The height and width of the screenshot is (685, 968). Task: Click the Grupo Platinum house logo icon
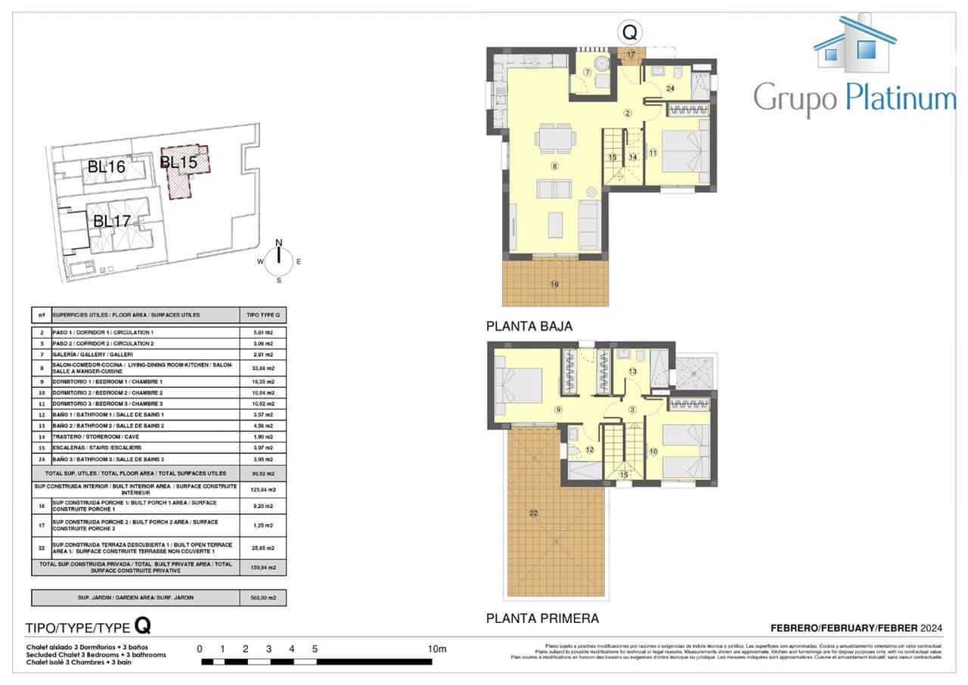(x=855, y=43)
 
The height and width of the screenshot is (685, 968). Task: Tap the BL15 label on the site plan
(x=179, y=162)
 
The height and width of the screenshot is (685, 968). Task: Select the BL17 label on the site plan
(x=113, y=222)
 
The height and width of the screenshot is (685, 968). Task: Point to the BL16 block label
(x=106, y=167)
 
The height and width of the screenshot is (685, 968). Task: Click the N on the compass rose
(x=278, y=243)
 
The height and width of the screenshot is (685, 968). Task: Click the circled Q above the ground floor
(x=629, y=33)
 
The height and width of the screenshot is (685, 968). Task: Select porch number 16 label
(x=554, y=284)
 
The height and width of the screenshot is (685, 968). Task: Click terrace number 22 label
(x=533, y=514)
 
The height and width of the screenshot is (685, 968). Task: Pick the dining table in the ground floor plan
(x=557, y=138)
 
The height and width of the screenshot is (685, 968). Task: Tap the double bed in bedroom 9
(x=519, y=386)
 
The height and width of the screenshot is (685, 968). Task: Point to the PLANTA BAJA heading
(x=529, y=327)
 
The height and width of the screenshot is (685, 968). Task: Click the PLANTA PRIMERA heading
(x=542, y=618)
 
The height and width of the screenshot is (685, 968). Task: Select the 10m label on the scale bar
(x=437, y=649)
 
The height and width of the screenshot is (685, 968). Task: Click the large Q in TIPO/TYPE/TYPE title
(x=142, y=625)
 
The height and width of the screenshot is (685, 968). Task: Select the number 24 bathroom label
(x=670, y=88)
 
